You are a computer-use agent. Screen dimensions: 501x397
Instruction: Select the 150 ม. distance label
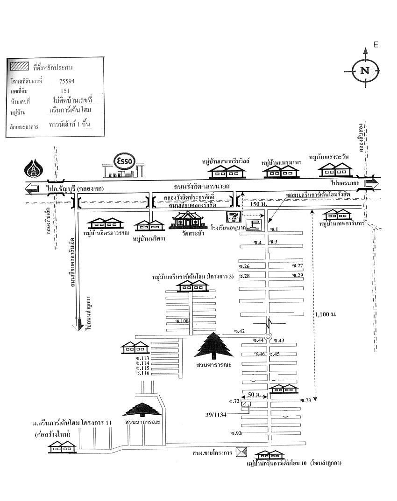(x=257, y=204)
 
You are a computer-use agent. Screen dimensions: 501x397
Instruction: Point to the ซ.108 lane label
(x=181, y=321)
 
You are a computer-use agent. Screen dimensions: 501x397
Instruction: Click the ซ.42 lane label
(x=239, y=331)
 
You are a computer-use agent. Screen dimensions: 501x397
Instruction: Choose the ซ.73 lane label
(x=306, y=401)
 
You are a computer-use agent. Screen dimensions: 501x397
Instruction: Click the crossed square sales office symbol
(x=241, y=452)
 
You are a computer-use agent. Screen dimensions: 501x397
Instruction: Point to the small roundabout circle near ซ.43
(x=268, y=337)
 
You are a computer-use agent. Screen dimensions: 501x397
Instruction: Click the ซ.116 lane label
(x=142, y=373)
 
